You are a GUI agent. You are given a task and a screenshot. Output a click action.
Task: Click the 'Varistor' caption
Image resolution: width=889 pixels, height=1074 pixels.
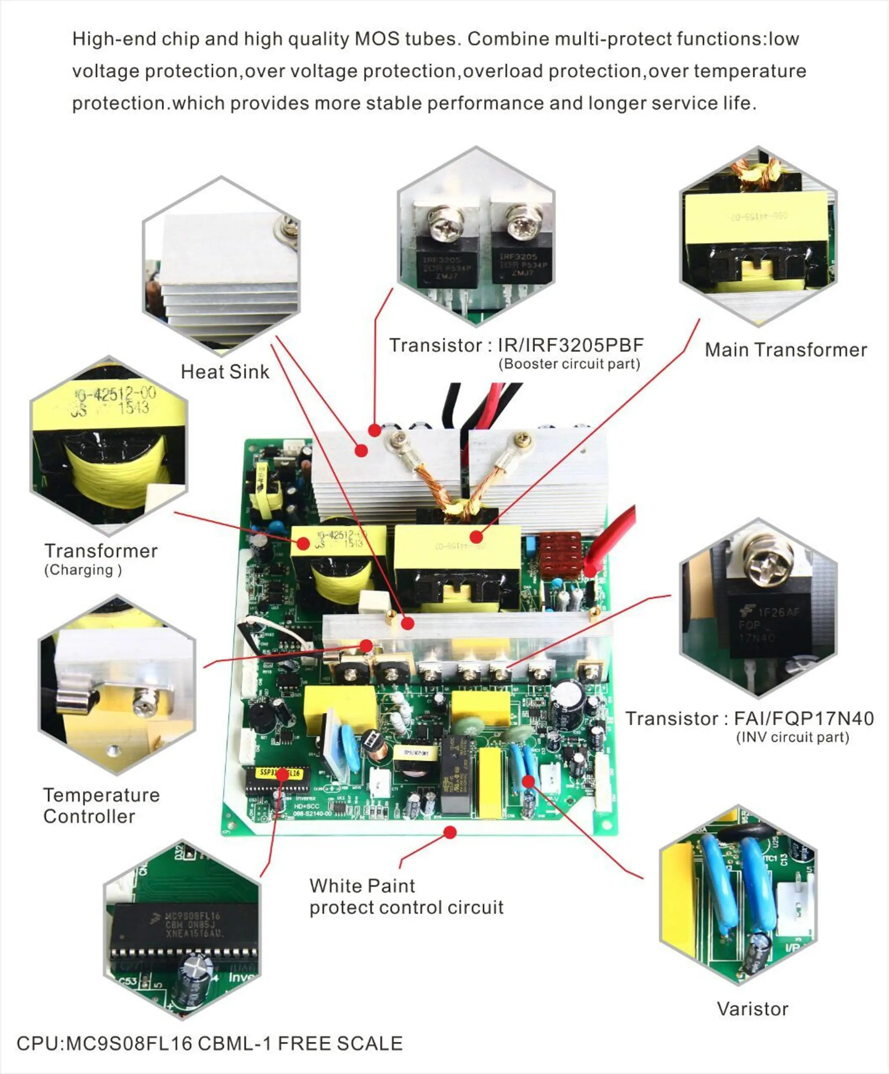coord(752,1009)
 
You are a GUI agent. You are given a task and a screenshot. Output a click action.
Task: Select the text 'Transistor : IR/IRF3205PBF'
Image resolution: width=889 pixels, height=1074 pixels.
coord(516,345)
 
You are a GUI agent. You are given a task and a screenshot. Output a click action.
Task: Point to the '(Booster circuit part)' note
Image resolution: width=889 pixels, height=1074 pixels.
coord(569,364)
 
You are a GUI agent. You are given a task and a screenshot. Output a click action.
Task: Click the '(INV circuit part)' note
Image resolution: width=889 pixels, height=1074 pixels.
coord(792,737)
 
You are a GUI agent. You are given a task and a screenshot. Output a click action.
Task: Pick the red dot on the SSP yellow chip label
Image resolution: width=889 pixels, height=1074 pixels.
coord(282,775)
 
